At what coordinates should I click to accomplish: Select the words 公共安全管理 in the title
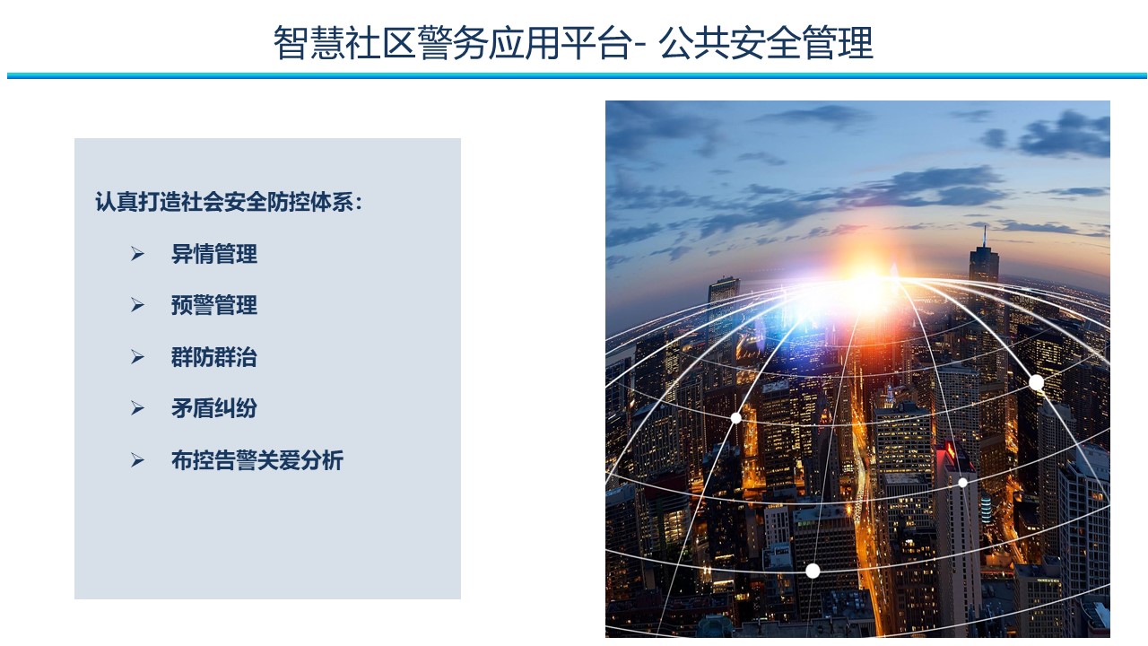pyautogui.click(x=766, y=43)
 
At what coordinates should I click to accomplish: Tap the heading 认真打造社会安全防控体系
pyautogui.click(x=224, y=202)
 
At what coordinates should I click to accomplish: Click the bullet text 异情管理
pyautogui.click(x=214, y=254)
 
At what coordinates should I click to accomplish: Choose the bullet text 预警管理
pyautogui.click(x=214, y=305)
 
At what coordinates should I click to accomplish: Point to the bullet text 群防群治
pyautogui.click(x=214, y=357)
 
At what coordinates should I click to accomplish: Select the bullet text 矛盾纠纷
pyautogui.click(x=214, y=408)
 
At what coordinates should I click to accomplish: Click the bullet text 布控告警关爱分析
pyautogui.click(x=257, y=460)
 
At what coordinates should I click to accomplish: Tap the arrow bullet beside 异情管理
pyautogui.click(x=137, y=254)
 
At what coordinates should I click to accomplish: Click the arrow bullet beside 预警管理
pyautogui.click(x=137, y=305)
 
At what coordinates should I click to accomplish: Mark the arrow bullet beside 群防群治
pyautogui.click(x=137, y=357)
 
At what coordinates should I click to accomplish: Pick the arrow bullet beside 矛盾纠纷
pyautogui.click(x=137, y=408)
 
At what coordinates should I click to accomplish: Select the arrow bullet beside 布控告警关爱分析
pyautogui.click(x=137, y=460)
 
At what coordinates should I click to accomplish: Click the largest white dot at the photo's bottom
pyautogui.click(x=813, y=571)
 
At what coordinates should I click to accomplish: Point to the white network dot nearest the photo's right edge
pyautogui.click(x=1036, y=382)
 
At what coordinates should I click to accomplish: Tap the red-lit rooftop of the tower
pyautogui.click(x=949, y=451)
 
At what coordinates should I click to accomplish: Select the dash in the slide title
pyautogui.click(x=640, y=45)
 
